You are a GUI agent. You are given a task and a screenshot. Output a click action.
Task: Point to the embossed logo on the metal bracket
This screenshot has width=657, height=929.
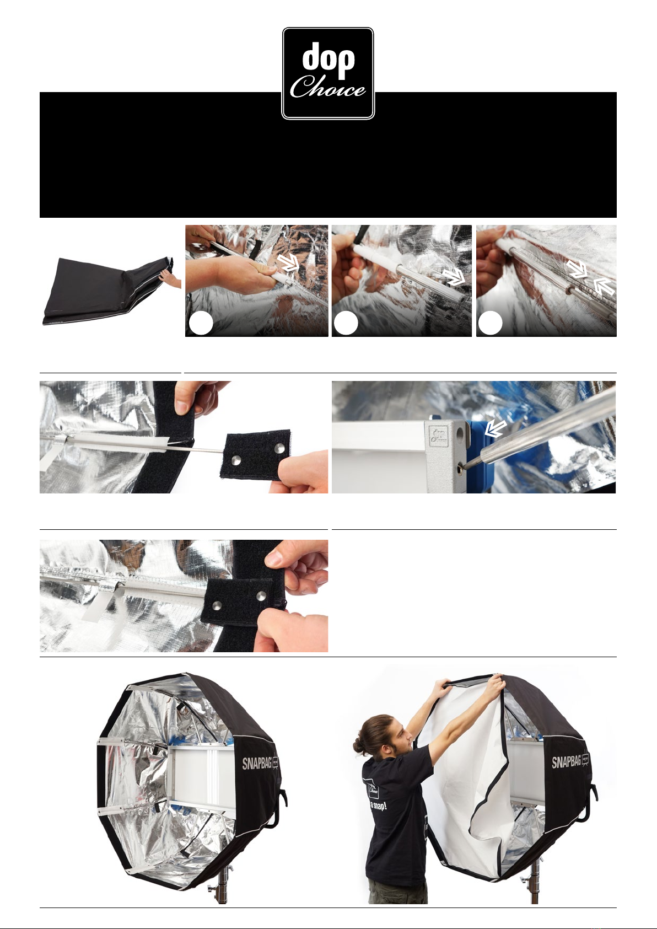[x=439, y=437]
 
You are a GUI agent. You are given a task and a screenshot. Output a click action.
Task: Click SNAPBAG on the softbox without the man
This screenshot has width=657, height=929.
[x=257, y=762]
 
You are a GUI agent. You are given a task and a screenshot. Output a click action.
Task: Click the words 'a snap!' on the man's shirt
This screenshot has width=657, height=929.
[x=378, y=806]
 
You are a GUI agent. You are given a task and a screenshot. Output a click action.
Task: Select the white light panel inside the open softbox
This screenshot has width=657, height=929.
[x=198, y=775]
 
